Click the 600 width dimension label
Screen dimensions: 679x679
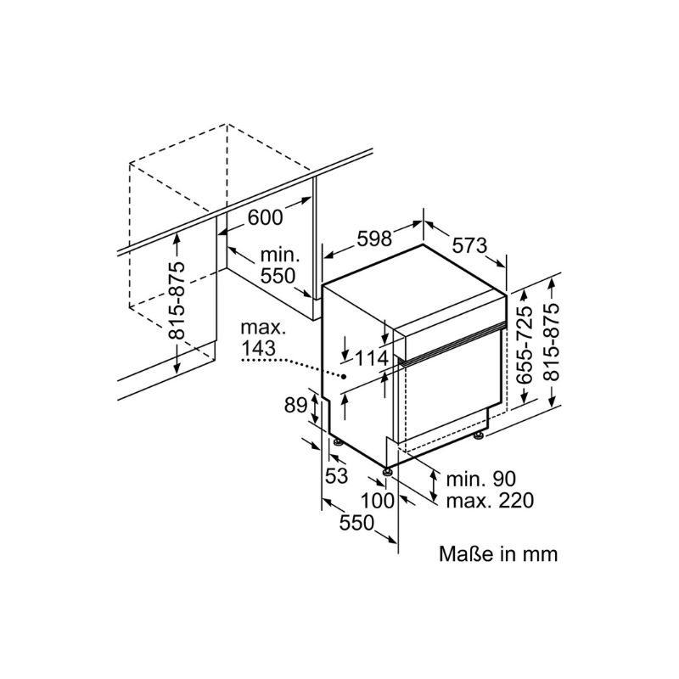click(265, 217)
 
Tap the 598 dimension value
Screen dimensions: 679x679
click(374, 238)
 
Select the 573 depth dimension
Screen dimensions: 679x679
click(469, 246)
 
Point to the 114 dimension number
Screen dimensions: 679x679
click(373, 358)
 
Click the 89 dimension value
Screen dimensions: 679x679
click(295, 406)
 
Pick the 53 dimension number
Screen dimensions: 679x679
click(336, 475)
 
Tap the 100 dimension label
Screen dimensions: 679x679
click(378, 501)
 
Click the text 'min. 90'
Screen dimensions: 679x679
click(481, 479)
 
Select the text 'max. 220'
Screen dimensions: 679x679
click(490, 501)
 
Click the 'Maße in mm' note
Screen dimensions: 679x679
click(498, 554)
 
